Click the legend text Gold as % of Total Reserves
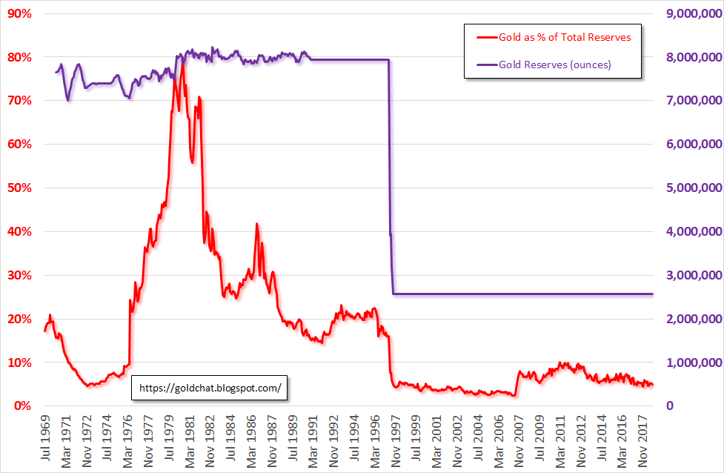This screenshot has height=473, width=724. [565, 36]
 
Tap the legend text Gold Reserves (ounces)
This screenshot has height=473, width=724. [555, 64]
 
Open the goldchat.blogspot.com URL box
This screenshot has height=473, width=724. [210, 387]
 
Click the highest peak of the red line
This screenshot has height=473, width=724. [182, 66]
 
